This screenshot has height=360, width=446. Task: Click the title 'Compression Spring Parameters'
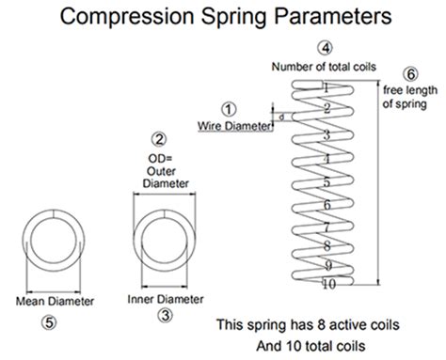pos(222,17)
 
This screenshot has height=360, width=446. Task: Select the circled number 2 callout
pos(159,138)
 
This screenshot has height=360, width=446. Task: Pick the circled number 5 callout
pos(52,322)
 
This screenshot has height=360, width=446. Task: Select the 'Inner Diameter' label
pos(165,300)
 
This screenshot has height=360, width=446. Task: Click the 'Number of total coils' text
pos(323,67)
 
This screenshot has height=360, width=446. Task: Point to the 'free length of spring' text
pos(409,96)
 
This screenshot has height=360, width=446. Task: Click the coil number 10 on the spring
pos(325,283)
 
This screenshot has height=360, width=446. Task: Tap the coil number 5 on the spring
pos(326,181)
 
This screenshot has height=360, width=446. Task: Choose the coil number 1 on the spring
pos(325,86)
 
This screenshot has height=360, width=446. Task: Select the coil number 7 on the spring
pos(326,227)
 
